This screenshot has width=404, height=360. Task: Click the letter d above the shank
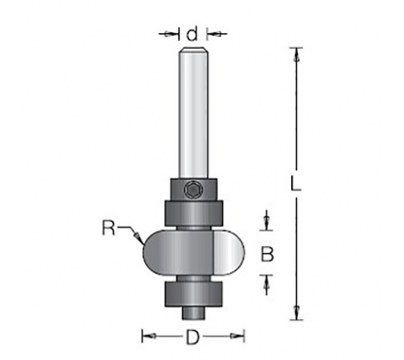(192, 34)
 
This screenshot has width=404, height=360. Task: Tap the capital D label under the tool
(193, 338)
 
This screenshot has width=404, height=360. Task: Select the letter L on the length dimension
(295, 183)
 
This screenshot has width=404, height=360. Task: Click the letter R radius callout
(109, 228)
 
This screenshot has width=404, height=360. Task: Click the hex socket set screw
(193, 190)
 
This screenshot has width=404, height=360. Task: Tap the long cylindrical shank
(194, 113)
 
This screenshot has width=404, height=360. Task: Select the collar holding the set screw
(194, 190)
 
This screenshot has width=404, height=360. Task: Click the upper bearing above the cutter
(194, 213)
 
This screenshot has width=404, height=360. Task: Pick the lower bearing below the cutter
(194, 294)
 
